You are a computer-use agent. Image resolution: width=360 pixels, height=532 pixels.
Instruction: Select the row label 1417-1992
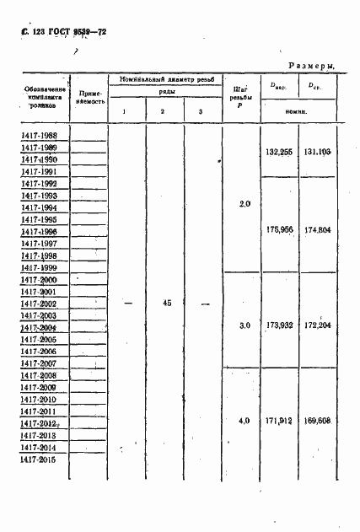click(40, 183)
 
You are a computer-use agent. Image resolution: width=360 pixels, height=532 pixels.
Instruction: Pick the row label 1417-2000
click(40, 279)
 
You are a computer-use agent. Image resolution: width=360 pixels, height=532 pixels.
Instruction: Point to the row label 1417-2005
click(40, 339)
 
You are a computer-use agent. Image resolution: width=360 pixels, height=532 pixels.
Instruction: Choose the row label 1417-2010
click(40, 399)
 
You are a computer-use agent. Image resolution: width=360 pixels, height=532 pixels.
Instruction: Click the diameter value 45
click(166, 302)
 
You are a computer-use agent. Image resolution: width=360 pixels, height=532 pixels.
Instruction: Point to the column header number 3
click(200, 112)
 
